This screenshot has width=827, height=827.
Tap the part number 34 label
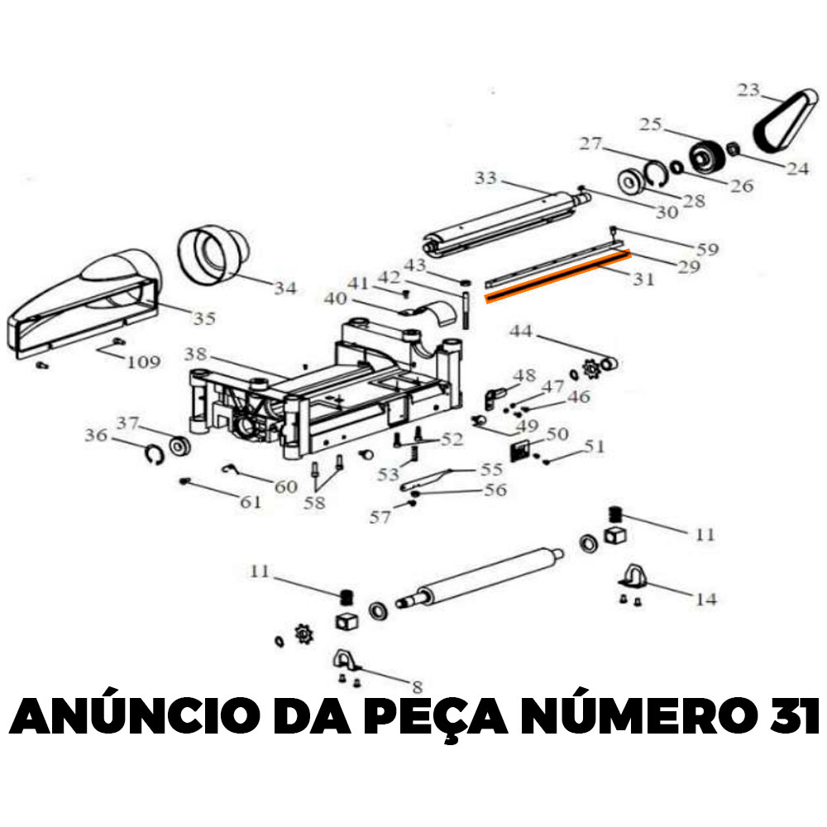pyautogui.click(x=285, y=288)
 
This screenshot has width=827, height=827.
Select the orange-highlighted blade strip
pyautogui.click(x=557, y=276)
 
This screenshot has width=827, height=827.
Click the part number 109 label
pyautogui.click(x=143, y=362)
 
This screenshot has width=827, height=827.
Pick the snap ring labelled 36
pyautogui.click(x=155, y=455)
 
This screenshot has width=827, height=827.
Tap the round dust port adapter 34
pyautogui.click(x=213, y=256)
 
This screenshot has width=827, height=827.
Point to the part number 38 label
pyautogui.click(x=195, y=354)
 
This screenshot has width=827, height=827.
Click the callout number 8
pyautogui.click(x=417, y=686)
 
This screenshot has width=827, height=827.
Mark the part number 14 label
pyautogui.click(x=706, y=600)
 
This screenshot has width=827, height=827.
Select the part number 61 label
pyautogui.click(x=251, y=502)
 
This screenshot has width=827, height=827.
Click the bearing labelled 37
pyautogui.click(x=179, y=447)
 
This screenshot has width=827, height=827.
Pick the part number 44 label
pyautogui.click(x=521, y=332)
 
